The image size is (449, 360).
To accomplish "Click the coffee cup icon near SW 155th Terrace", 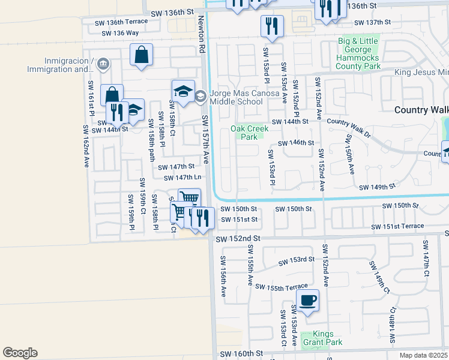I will (x=308, y=299).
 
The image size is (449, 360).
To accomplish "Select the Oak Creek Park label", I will (x=244, y=133).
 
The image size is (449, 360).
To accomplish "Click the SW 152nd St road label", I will (x=238, y=238).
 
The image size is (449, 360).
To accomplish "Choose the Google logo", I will (x=20, y=353).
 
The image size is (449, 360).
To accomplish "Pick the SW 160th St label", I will (x=241, y=355).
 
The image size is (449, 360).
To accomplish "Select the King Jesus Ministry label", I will (x=421, y=73).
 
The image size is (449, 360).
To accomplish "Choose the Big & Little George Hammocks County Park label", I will (x=360, y=53).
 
